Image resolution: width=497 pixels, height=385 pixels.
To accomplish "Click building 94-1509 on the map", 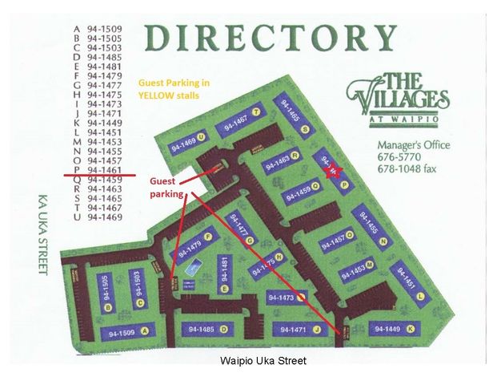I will click(x=123, y=330).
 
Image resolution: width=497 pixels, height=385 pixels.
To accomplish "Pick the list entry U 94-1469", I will click(x=97, y=217).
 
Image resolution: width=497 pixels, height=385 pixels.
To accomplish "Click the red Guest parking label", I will click(x=167, y=188).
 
